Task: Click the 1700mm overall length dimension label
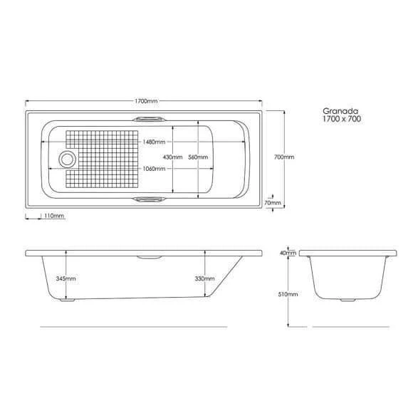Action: point(146,101)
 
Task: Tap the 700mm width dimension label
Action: point(284,157)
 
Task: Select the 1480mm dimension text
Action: point(154,142)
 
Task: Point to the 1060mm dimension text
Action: point(154,169)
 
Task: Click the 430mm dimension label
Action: point(173,157)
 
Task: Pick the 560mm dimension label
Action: point(198,157)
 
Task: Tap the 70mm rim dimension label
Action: point(273,203)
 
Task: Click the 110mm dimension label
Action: point(54,216)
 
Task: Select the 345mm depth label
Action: point(66,278)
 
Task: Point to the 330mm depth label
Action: point(204,278)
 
